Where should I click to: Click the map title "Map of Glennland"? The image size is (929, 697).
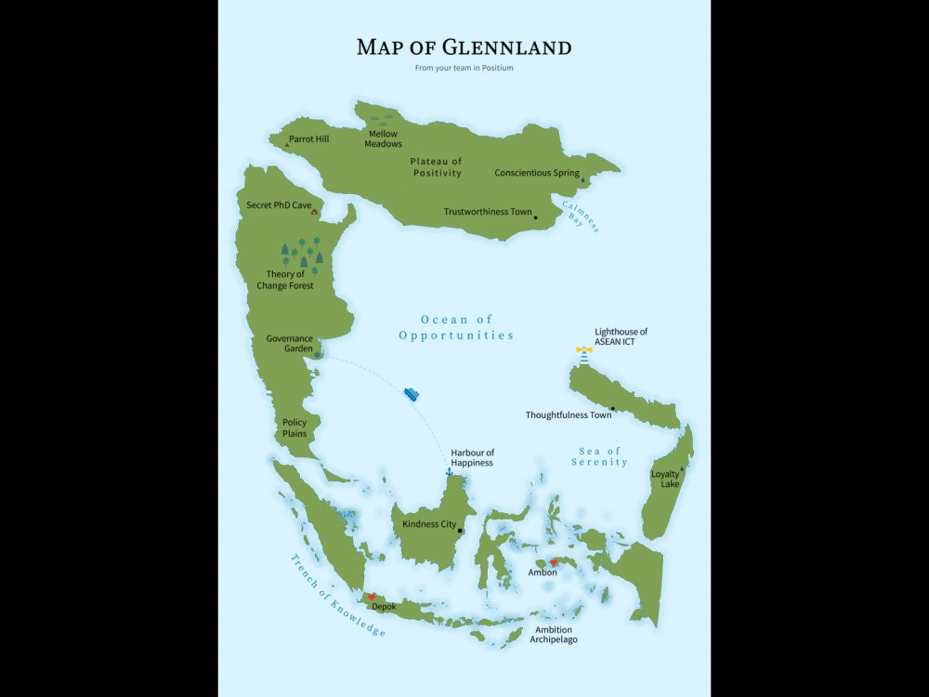(464, 47)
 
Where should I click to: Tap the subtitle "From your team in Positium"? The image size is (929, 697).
(464, 69)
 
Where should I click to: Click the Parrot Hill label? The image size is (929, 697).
(308, 139)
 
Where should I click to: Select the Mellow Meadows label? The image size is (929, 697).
(383, 138)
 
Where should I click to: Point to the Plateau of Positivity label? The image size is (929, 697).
(437, 167)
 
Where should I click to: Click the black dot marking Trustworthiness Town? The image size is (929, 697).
(536, 217)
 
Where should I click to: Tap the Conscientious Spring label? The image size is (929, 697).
(536, 173)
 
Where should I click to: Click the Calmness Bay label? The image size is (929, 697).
(580, 216)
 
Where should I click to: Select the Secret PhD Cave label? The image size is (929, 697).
(279, 204)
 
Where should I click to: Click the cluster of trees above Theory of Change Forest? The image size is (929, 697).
(302, 254)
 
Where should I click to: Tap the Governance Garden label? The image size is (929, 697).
(289, 344)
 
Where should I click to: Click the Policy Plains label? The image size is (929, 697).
(294, 427)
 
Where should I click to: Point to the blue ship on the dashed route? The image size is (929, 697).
(412, 394)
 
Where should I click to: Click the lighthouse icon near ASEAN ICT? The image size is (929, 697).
(583, 354)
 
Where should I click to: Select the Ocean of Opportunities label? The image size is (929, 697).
(456, 327)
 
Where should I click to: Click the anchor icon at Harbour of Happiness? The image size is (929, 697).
(449, 472)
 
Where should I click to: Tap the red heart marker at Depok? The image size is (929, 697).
(372, 598)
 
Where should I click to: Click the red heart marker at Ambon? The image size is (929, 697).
(554, 562)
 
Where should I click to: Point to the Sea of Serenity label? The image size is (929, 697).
(599, 456)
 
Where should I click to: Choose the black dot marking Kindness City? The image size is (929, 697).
(460, 531)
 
